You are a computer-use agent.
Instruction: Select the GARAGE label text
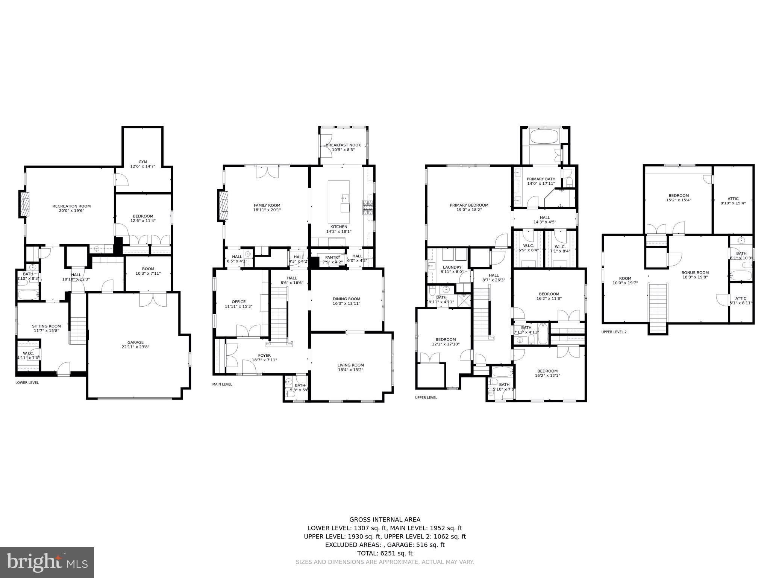(x=135, y=342)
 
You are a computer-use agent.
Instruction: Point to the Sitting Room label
(x=46, y=326)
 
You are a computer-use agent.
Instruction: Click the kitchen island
(x=338, y=202)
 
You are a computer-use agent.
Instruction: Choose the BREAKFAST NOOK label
(x=343, y=145)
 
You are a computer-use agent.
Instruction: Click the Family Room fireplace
(x=223, y=205)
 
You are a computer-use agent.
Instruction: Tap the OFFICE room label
(x=238, y=301)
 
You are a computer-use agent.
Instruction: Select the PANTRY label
(x=332, y=257)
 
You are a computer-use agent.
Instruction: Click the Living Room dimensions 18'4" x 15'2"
(x=350, y=370)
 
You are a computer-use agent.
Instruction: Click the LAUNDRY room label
(x=452, y=267)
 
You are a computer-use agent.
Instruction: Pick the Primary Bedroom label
(x=469, y=205)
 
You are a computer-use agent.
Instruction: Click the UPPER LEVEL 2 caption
(x=614, y=332)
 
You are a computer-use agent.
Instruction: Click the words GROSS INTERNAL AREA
(x=385, y=520)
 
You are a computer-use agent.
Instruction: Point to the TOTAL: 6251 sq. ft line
(x=385, y=553)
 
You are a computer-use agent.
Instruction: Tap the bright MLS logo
(x=47, y=563)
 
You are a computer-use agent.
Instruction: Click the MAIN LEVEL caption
(x=222, y=384)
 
